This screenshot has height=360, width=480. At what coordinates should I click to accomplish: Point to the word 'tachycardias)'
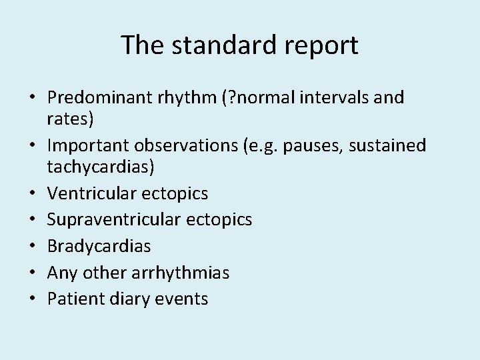[x=101, y=167]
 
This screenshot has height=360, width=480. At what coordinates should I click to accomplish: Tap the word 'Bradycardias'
[x=99, y=246]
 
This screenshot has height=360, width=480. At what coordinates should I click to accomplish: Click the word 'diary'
[x=124, y=298]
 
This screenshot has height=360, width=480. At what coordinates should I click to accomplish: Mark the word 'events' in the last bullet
[x=180, y=298]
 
